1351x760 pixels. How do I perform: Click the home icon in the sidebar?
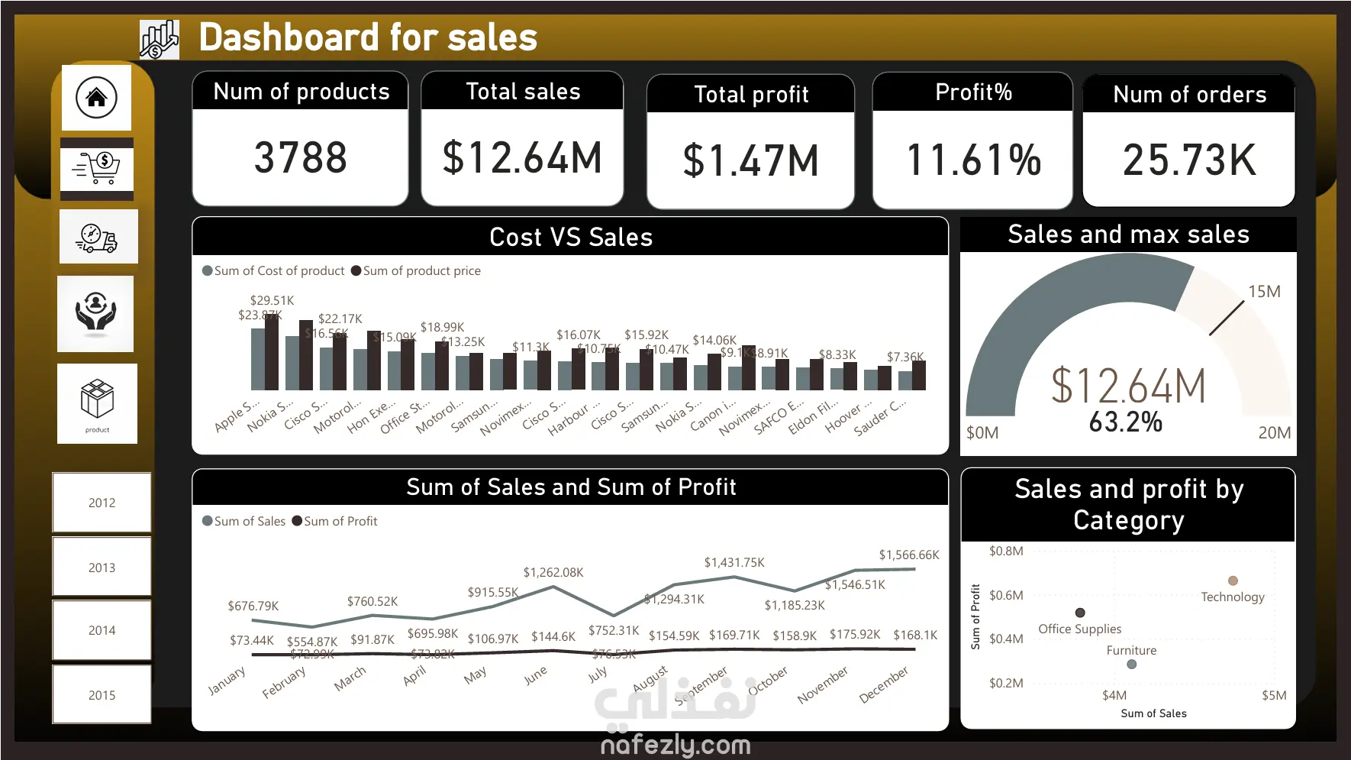click(96, 98)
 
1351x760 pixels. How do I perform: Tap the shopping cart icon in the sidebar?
click(97, 167)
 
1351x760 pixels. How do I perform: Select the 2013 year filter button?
click(102, 568)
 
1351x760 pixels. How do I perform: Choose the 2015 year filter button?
click(102, 695)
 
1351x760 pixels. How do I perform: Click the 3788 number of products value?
click(300, 158)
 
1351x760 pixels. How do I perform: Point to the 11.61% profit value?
click(973, 160)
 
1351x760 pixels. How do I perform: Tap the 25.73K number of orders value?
click(1188, 160)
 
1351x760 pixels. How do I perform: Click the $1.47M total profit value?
click(750, 161)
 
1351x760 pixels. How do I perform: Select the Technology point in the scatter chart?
click(1233, 581)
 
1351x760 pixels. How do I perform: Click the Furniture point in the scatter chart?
click(1132, 665)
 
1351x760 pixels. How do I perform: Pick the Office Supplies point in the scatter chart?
click(1080, 613)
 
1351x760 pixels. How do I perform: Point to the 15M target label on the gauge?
click(1264, 292)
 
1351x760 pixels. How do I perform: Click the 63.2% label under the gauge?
click(1125, 422)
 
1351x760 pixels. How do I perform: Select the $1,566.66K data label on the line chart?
click(908, 555)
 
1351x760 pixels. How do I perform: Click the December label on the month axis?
click(884, 684)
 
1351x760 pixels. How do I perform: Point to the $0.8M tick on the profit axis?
click(1006, 551)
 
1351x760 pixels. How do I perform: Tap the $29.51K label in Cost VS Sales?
click(272, 301)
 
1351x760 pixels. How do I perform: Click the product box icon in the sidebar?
click(97, 402)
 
